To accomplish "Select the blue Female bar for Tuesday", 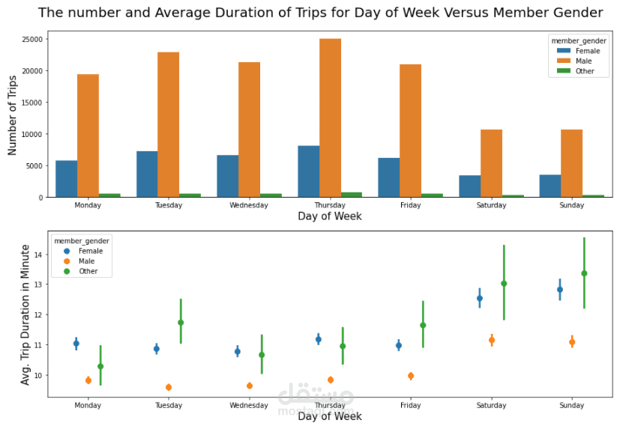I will click(x=147, y=174).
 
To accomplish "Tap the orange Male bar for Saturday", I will click(x=491, y=163).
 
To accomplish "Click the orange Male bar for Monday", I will click(x=88, y=136).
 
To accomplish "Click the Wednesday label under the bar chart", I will click(x=249, y=204).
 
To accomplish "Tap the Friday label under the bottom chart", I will click(x=410, y=405).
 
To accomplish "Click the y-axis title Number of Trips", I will click(x=13, y=115).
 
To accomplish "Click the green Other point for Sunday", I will click(x=584, y=273).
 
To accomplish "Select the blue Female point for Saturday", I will click(x=480, y=298).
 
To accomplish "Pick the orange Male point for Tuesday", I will click(x=169, y=387).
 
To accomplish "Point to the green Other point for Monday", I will click(x=100, y=366).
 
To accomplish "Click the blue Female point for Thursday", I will click(x=319, y=339).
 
